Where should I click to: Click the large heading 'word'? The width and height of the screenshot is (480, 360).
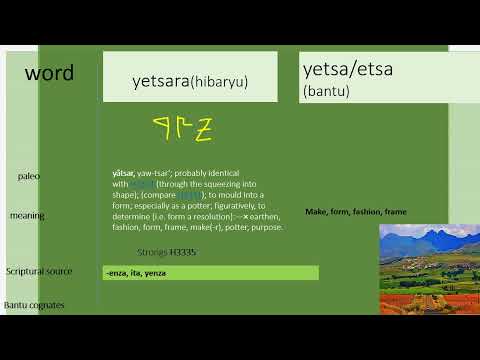(x=49, y=73)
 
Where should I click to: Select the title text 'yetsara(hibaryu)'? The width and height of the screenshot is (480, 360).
(x=190, y=81)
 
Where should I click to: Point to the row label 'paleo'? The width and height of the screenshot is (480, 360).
(x=29, y=176)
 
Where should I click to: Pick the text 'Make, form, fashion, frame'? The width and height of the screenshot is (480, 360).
(x=355, y=212)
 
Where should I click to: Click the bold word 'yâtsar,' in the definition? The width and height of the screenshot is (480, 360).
(x=125, y=174)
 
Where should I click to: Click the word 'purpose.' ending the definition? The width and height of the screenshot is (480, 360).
(x=267, y=227)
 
